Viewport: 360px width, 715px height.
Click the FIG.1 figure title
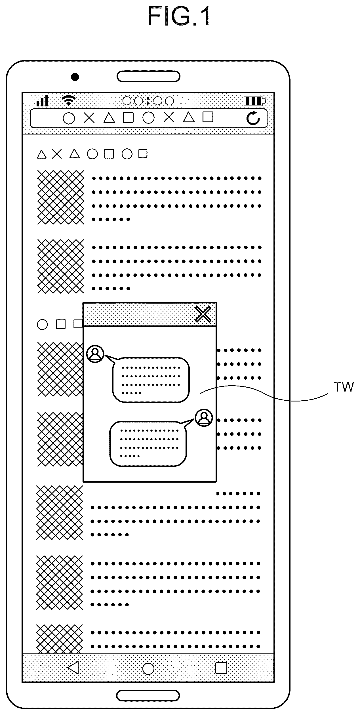coord(179,17)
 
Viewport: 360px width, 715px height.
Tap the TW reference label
coord(344,387)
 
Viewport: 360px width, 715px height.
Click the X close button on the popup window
coord(203,314)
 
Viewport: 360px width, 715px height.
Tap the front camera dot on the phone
coord(75,77)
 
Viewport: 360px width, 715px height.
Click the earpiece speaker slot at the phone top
coord(148,76)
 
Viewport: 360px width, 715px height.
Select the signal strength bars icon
coord(42,101)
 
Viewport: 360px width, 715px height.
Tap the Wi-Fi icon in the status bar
coord(69,100)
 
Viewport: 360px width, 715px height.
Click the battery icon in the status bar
coord(255,101)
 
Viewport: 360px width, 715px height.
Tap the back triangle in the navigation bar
coord(73,667)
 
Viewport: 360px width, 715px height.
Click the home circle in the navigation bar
coord(148,668)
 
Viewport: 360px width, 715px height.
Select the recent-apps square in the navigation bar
coord(221,668)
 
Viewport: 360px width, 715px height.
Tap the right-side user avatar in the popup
coord(204,418)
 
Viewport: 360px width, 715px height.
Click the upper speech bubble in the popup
coord(150,380)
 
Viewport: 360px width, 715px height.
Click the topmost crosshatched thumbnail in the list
coord(61,197)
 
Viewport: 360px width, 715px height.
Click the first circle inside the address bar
coord(69,118)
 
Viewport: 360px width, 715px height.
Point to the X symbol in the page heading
coord(57,154)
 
